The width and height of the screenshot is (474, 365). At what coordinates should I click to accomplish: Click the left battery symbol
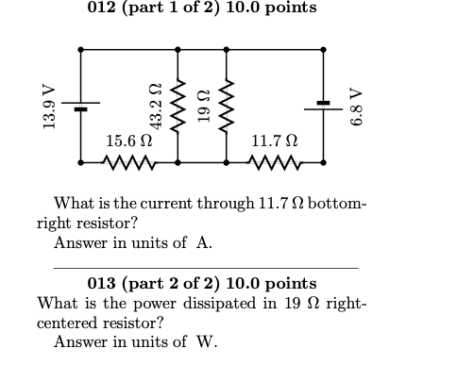(80, 108)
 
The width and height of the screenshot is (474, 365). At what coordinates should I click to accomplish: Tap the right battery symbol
(324, 103)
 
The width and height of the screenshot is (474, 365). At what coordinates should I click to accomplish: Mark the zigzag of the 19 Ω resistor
(226, 107)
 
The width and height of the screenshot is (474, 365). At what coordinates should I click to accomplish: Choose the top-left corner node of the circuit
(80, 49)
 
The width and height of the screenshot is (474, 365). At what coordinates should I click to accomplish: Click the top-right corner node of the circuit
(324, 49)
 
